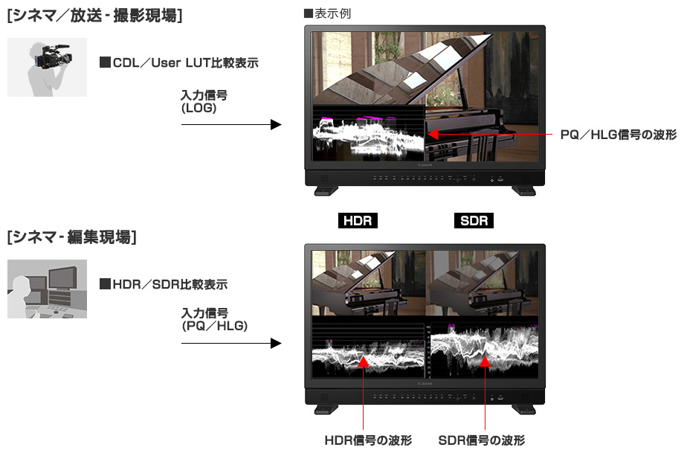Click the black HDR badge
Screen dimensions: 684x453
point(358,220)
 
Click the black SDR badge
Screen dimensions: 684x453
point(474,220)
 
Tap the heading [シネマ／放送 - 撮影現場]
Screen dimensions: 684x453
point(94,16)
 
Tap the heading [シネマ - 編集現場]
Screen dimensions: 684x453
point(72,237)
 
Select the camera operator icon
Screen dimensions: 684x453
point(47,67)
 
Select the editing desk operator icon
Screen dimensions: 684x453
point(47,289)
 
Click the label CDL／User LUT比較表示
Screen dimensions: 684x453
point(179,62)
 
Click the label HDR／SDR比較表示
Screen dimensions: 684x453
point(164,285)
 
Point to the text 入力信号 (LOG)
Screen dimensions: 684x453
point(204,101)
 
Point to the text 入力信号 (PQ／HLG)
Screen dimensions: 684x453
point(214,319)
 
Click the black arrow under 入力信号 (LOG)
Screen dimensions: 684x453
point(231,125)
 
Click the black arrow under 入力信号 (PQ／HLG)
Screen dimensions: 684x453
point(231,344)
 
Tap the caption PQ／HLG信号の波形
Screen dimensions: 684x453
point(618,135)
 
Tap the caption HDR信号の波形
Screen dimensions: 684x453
point(368,440)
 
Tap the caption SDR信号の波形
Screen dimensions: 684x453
point(482,440)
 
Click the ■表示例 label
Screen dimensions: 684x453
point(327,13)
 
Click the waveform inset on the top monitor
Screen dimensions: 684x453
point(369,133)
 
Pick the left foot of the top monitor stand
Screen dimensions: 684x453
point(326,190)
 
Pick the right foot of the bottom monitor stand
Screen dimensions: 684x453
point(524,409)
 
